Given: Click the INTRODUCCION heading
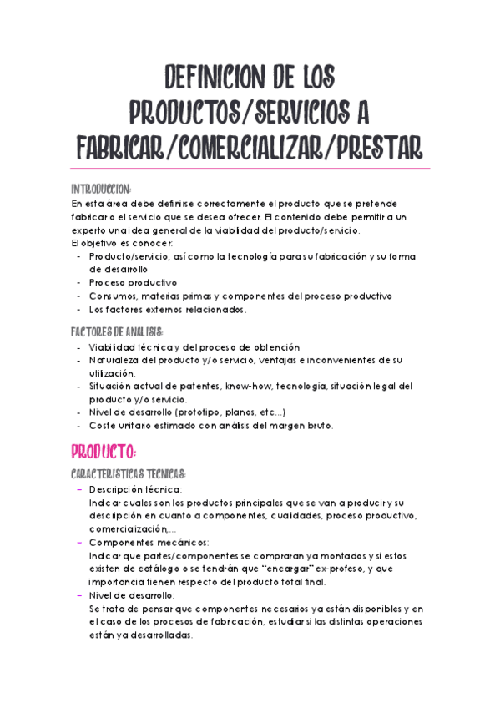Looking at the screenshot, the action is click(x=101, y=189).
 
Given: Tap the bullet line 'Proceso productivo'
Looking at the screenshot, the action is click(x=133, y=283).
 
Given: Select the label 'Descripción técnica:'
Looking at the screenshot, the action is click(x=135, y=489).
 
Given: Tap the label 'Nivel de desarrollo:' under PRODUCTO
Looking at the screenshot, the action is click(x=131, y=594).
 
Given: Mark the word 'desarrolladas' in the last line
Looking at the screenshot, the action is click(x=159, y=635).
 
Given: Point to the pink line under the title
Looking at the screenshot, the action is click(x=250, y=169).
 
